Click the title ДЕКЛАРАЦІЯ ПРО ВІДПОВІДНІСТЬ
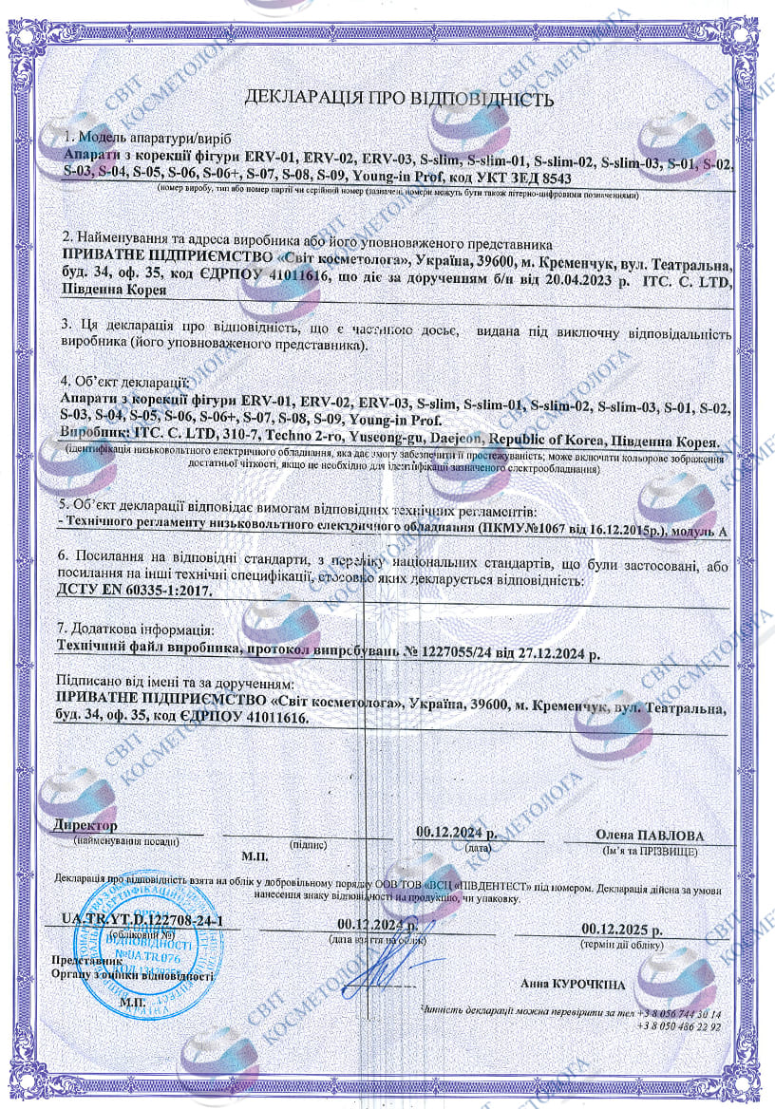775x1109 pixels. (x=399, y=98)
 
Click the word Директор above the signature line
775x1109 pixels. (x=86, y=825)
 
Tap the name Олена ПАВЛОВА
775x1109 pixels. (x=650, y=835)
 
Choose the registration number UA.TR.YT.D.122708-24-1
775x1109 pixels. (x=142, y=919)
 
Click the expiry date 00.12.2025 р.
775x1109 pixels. (x=622, y=928)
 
